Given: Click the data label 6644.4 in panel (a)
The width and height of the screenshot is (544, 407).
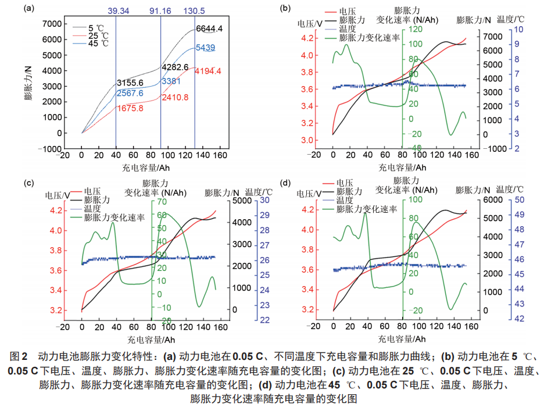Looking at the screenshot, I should click(x=209, y=28).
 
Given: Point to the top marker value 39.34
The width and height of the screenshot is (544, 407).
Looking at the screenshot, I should click(x=116, y=11).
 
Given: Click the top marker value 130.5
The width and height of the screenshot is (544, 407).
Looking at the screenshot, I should click(x=195, y=11).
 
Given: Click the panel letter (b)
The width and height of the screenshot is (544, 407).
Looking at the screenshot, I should click(x=285, y=8).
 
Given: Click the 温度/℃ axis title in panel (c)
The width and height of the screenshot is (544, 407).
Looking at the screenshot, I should click(x=259, y=192).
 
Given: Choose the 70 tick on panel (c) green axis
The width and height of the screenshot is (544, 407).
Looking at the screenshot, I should click(x=162, y=202).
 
